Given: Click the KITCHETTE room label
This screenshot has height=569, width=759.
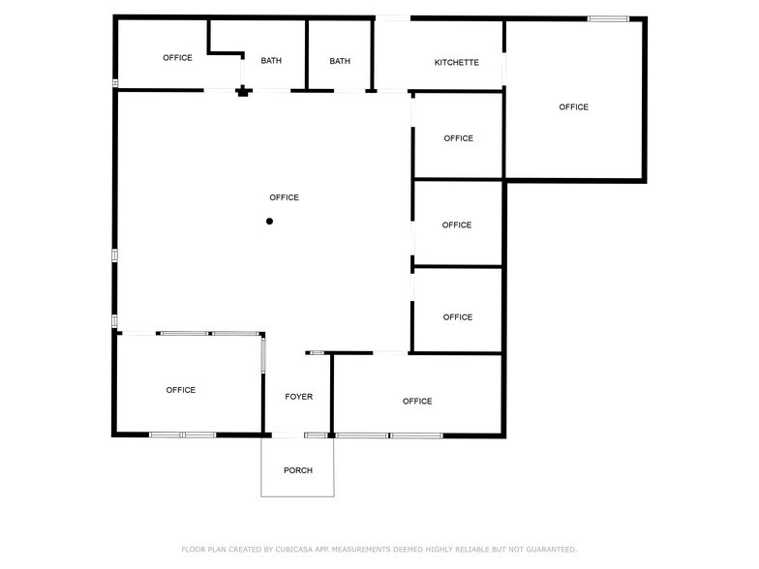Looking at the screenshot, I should click(456, 62).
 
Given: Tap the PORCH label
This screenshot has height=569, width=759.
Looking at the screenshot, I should click(297, 470).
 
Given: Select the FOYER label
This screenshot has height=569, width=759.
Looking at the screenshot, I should click(298, 397).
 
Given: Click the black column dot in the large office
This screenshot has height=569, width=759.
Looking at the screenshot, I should click(270, 222).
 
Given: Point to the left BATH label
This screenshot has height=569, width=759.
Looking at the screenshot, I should click(271, 61).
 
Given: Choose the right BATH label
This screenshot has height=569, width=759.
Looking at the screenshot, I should click(340, 61).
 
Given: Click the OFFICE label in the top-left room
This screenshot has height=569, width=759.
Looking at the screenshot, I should click(177, 58).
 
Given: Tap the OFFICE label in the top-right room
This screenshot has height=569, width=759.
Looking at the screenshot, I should click(573, 107).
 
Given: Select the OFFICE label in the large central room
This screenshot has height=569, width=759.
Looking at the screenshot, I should click(284, 197).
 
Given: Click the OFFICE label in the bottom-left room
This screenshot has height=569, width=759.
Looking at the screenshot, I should click(180, 390).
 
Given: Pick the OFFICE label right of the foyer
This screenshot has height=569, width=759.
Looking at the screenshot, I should click(417, 401).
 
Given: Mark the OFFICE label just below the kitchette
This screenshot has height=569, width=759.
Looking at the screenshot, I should click(458, 138).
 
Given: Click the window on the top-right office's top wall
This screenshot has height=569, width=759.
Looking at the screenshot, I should click(608, 17).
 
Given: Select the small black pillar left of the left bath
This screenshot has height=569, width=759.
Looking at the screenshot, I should click(243, 92).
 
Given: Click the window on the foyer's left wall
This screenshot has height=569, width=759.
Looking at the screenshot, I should click(262, 355).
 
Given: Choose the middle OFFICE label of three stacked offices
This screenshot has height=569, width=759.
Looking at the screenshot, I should click(457, 225).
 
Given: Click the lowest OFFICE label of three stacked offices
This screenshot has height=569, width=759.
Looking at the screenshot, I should click(458, 317).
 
